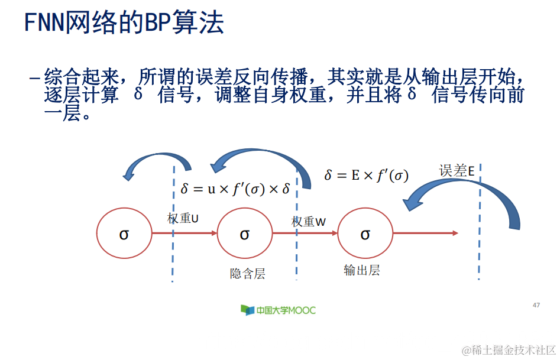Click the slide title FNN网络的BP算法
pyautogui.click(x=124, y=22)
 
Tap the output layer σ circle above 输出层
pyautogui.click(x=365, y=234)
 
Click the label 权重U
pyautogui.click(x=183, y=218)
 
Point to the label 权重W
pyautogui.click(x=309, y=222)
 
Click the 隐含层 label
pyautogui.click(x=247, y=274)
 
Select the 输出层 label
pyautogui.click(x=361, y=271)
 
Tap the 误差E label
pyautogui.click(x=457, y=171)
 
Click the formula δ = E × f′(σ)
pyautogui.click(x=366, y=175)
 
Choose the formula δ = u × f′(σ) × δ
pyautogui.click(x=235, y=189)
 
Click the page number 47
pyautogui.click(x=536, y=305)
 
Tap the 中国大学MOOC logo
pyautogui.click(x=278, y=310)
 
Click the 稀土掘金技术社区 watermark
pyautogui.click(x=509, y=350)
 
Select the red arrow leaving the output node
pyautogui.click(x=426, y=233)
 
